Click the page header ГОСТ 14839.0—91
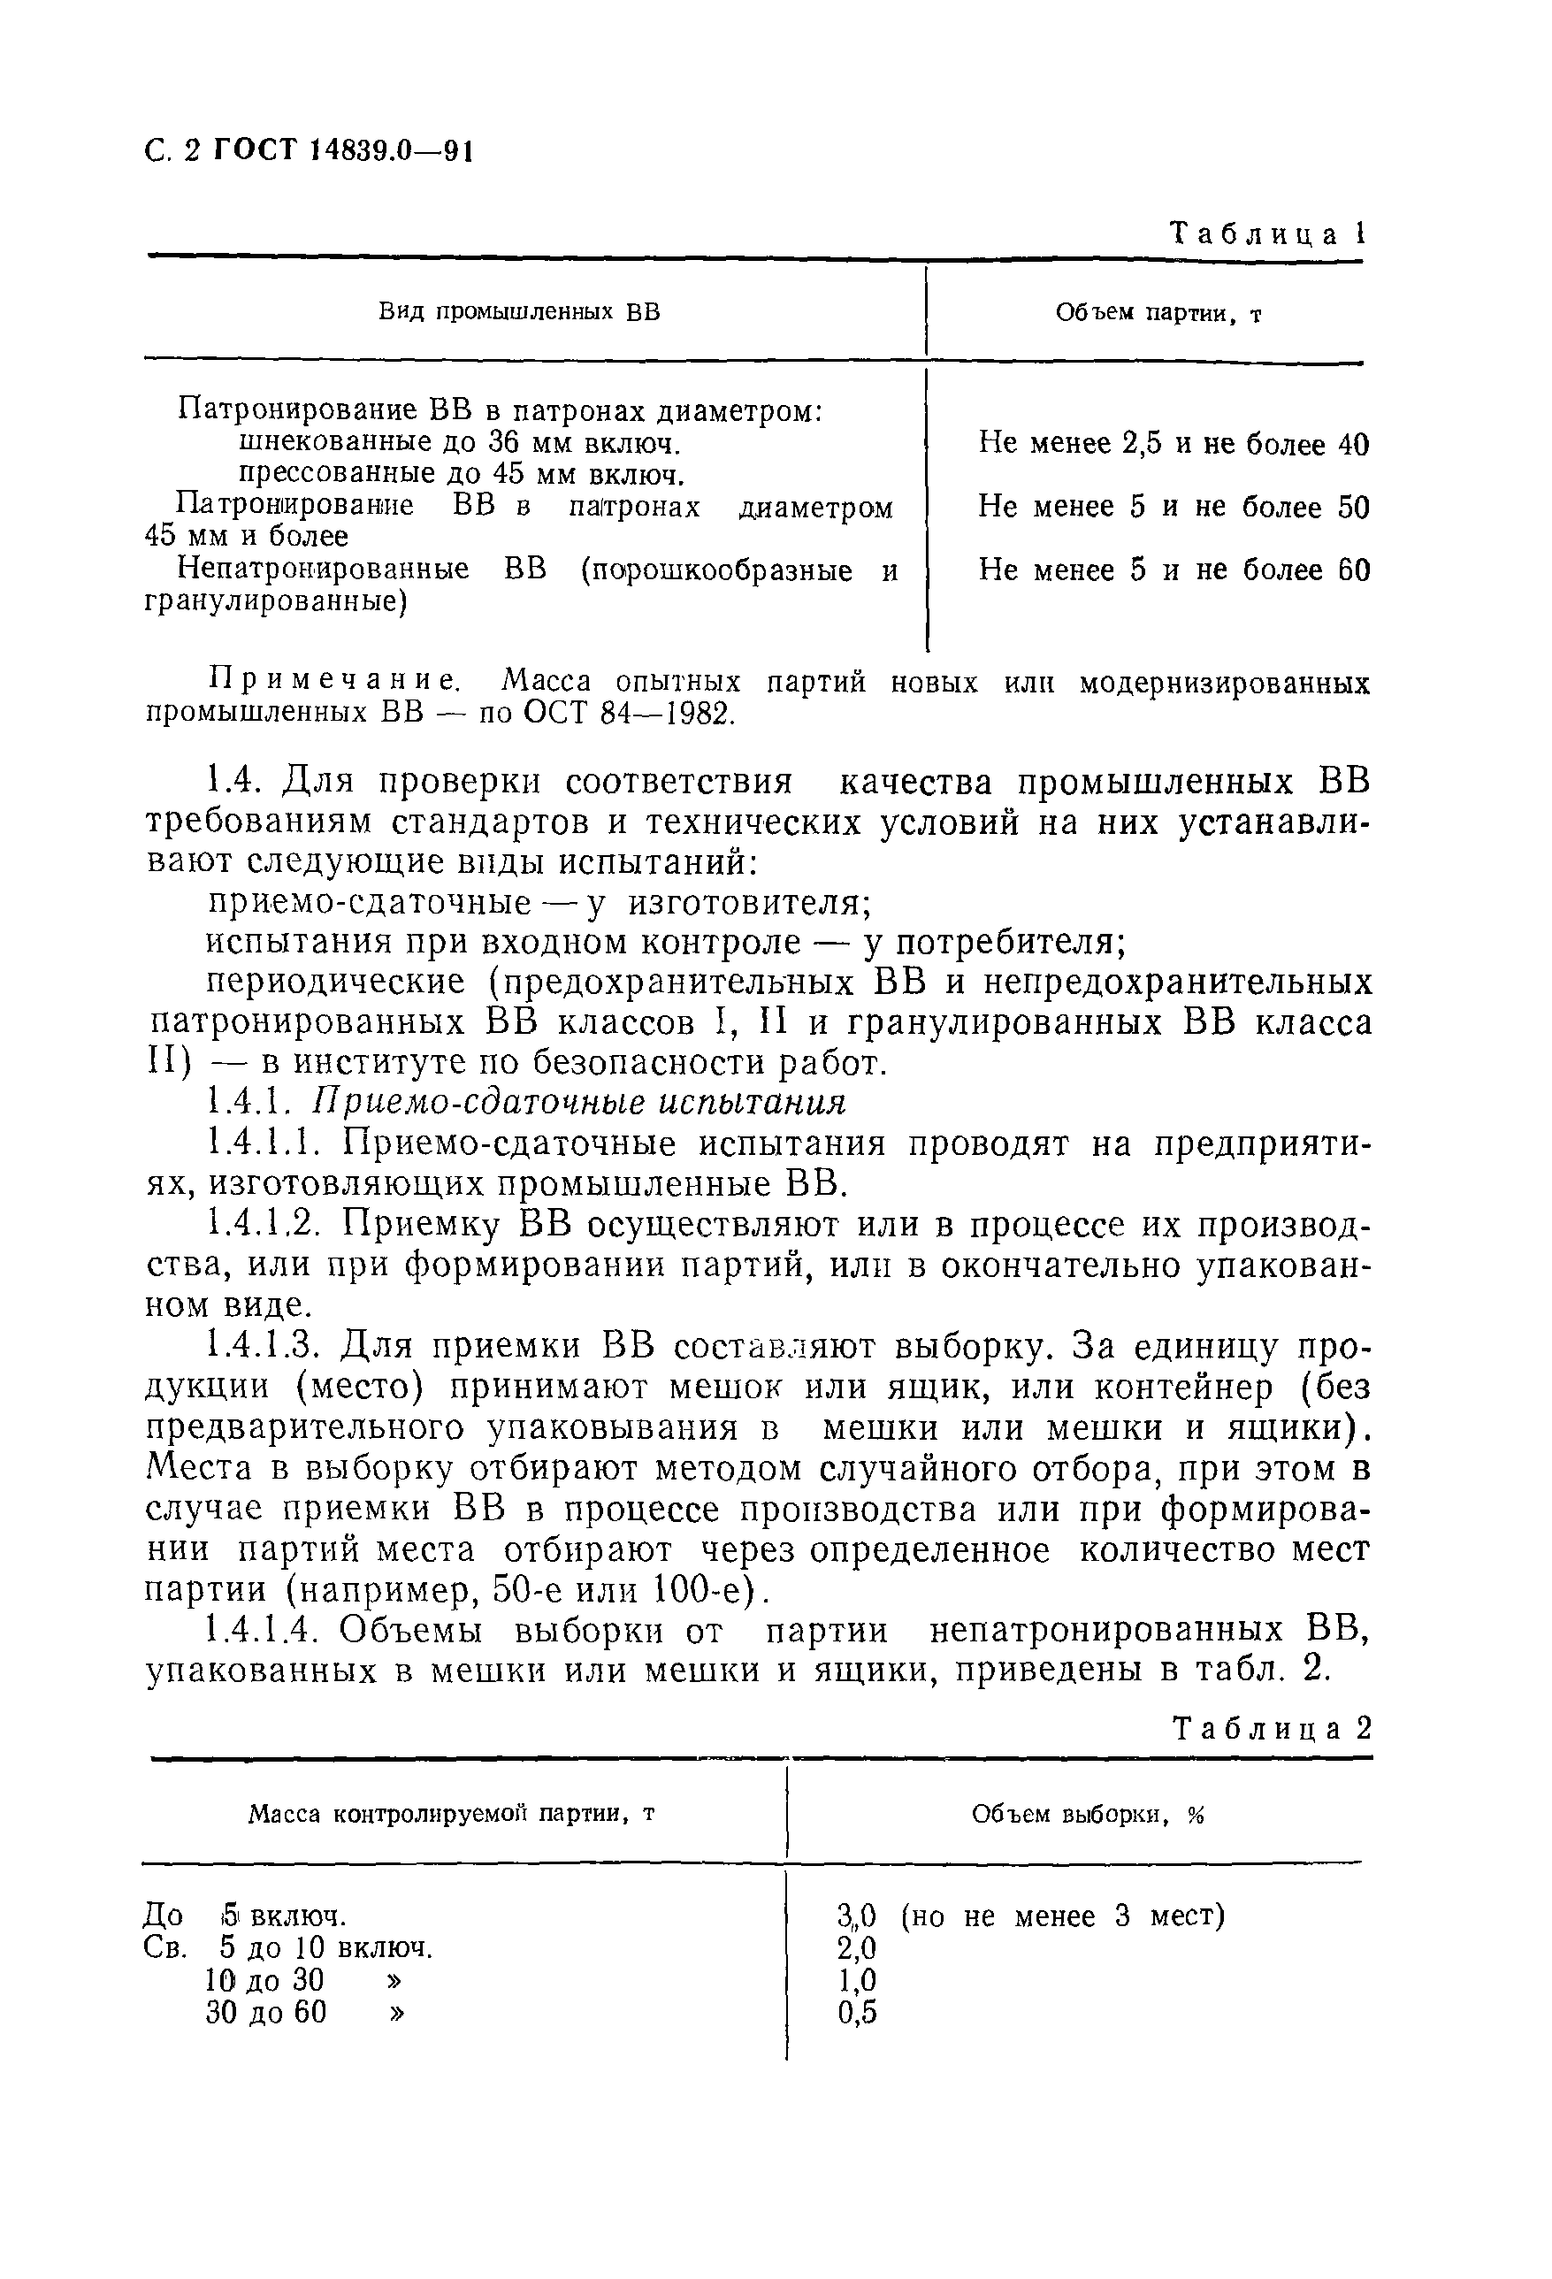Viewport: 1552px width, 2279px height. point(343,151)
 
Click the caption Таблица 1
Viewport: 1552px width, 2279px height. point(1266,233)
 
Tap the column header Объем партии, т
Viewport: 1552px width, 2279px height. point(1158,313)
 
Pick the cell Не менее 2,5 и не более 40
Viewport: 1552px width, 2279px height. point(1173,444)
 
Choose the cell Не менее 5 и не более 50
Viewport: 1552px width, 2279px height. point(1173,507)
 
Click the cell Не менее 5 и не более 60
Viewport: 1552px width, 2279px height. point(1173,570)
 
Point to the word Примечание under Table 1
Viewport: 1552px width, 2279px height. point(334,682)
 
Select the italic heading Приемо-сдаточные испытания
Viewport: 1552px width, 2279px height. point(578,1103)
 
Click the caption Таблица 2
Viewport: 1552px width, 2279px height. point(1272,1728)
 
